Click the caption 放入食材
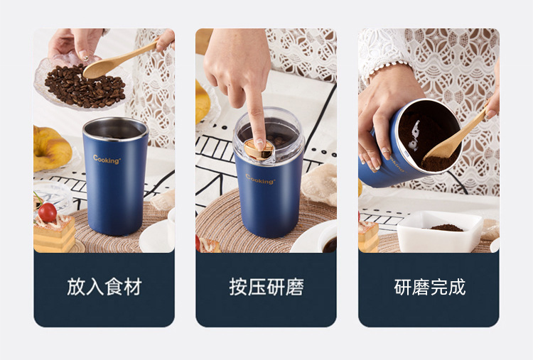(104, 287)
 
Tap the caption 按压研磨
(266, 287)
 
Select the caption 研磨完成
(429, 287)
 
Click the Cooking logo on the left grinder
(107, 160)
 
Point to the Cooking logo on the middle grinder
(260, 179)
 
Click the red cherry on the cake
(48, 212)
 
